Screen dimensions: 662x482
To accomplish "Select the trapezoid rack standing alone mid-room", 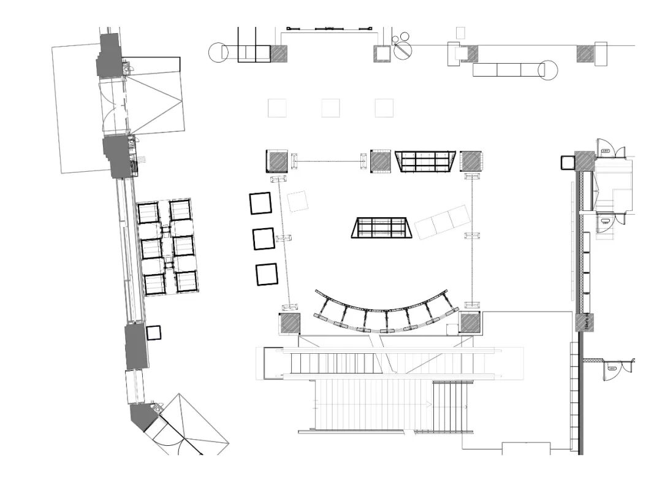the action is (x=381, y=227).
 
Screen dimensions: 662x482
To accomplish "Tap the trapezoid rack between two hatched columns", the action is (x=425, y=161).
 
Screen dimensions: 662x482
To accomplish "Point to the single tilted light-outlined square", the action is (x=298, y=201).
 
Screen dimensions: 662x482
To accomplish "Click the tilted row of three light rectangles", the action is (x=443, y=222).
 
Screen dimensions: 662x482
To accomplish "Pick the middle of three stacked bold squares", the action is (x=263, y=239).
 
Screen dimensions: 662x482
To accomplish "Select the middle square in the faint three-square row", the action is (x=330, y=108).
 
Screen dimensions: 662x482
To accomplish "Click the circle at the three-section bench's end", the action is (x=547, y=70).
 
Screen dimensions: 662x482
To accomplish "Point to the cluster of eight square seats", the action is (x=166, y=247).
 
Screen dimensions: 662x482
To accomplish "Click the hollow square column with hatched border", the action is (x=382, y=53).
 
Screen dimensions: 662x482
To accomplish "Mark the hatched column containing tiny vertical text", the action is (x=586, y=323).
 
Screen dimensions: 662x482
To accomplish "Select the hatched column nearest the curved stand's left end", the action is (x=289, y=323).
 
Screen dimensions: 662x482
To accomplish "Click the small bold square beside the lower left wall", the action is (x=153, y=332).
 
